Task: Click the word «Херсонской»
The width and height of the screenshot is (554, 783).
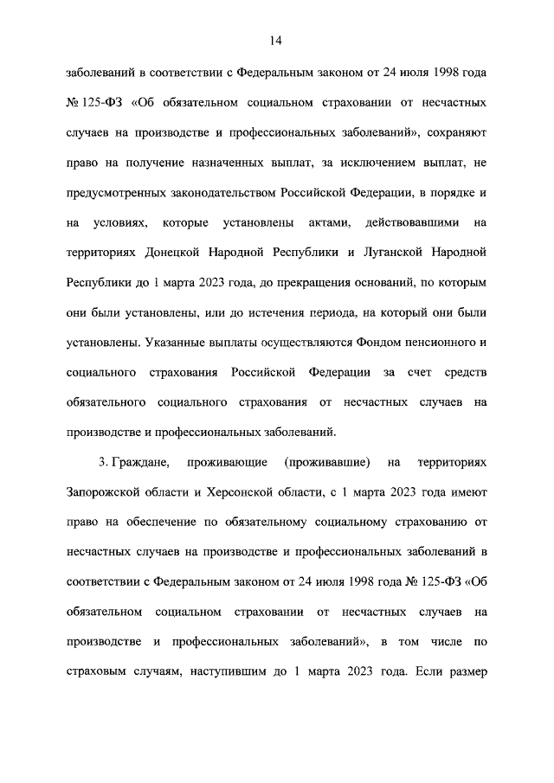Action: [x=258, y=492]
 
